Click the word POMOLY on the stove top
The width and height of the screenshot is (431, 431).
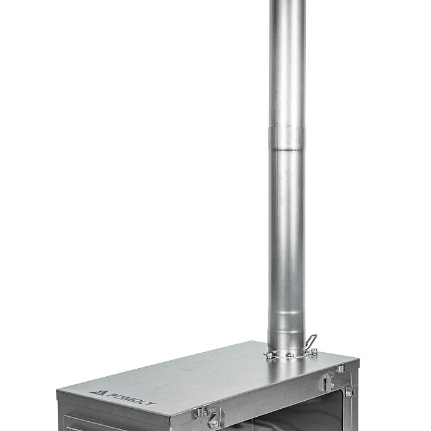(131, 399)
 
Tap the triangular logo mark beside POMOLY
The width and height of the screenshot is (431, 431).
(98, 393)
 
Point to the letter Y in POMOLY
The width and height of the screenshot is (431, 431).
(151, 403)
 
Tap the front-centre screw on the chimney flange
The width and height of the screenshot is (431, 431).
(290, 355)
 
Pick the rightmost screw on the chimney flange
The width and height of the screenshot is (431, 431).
(314, 351)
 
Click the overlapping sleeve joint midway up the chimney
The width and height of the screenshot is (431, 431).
(287, 139)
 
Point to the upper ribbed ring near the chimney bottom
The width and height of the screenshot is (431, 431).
(287, 313)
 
